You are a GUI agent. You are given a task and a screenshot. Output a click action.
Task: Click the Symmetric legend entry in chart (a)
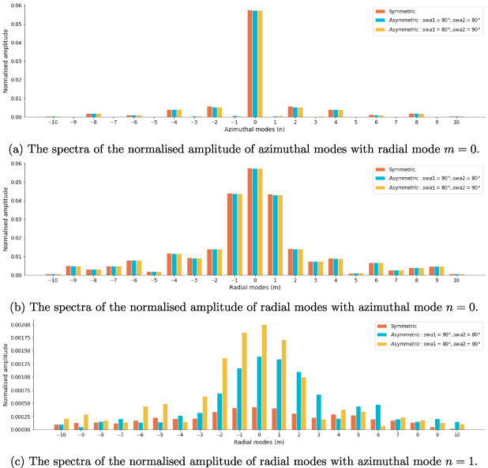point(403,12)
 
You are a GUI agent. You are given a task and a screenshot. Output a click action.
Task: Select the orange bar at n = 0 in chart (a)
point(250,63)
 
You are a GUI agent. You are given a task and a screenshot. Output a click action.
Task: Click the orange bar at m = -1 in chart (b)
point(230,234)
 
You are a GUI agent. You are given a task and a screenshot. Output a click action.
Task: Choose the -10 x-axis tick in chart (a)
point(52,123)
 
